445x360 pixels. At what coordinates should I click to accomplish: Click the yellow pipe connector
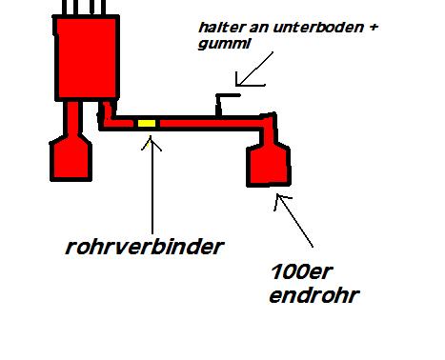pyautogui.click(x=147, y=123)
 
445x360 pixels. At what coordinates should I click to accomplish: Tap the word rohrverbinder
pyautogui.click(x=145, y=247)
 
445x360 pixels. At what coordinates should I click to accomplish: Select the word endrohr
pyautogui.click(x=314, y=295)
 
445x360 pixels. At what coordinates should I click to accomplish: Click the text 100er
pyautogui.click(x=301, y=272)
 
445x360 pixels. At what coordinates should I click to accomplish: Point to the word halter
pyautogui.click(x=222, y=28)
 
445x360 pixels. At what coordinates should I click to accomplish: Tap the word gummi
pyautogui.click(x=224, y=44)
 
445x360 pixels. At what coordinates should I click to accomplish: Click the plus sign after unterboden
pyautogui.click(x=374, y=28)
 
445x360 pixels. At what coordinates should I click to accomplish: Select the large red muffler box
pyautogui.click(x=87, y=58)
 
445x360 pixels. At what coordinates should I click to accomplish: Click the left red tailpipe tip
pyautogui.click(x=71, y=158)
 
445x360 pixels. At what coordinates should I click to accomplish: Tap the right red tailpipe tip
pyautogui.click(x=269, y=165)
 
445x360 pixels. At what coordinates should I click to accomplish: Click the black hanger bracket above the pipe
pyautogui.click(x=222, y=103)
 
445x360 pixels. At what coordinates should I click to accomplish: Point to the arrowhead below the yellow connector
pyautogui.click(x=152, y=143)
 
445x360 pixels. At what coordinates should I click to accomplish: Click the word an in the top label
pyautogui.click(x=259, y=28)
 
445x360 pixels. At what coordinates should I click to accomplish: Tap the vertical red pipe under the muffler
pyautogui.click(x=73, y=117)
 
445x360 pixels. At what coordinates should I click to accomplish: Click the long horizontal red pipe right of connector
pyautogui.click(x=211, y=123)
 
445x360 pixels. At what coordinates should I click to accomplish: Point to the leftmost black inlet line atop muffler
pyautogui.click(x=64, y=7)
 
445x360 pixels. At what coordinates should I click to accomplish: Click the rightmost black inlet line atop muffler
pyautogui.click(x=103, y=7)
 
